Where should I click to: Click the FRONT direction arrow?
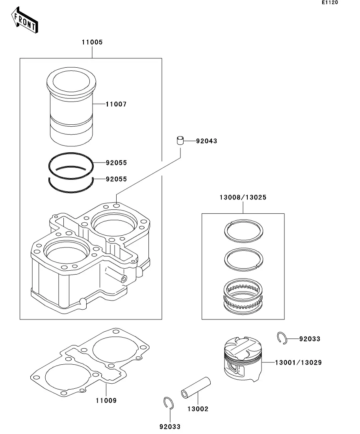pyautogui.click(x=25, y=20)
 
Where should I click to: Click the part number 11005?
pyautogui.click(x=92, y=42)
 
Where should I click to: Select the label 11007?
pyautogui.click(x=116, y=104)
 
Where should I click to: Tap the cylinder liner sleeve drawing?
pyautogui.click(x=71, y=107)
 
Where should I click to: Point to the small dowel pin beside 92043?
pyautogui.click(x=180, y=140)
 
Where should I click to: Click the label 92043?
pyautogui.click(x=206, y=141)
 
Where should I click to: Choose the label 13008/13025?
pyautogui.click(x=243, y=198)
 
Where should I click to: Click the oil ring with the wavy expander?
pyautogui.click(x=243, y=296)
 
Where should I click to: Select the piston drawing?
pyautogui.click(x=243, y=359)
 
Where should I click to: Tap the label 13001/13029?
pyautogui.click(x=299, y=362)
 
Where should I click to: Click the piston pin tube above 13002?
pyautogui.click(x=196, y=388)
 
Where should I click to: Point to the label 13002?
pyautogui.click(x=198, y=409)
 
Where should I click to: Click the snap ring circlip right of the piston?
pyautogui.click(x=282, y=338)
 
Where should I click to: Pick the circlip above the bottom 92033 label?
pyautogui.click(x=168, y=403)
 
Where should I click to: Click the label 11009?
pyautogui.click(x=106, y=400)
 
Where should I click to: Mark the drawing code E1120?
pyautogui.click(x=330, y=2)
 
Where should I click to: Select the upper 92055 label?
pyautogui.click(x=117, y=163)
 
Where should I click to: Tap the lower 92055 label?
pyautogui.click(x=117, y=179)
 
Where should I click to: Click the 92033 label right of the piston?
pyautogui.click(x=310, y=339)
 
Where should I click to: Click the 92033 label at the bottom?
pyautogui.click(x=170, y=427)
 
